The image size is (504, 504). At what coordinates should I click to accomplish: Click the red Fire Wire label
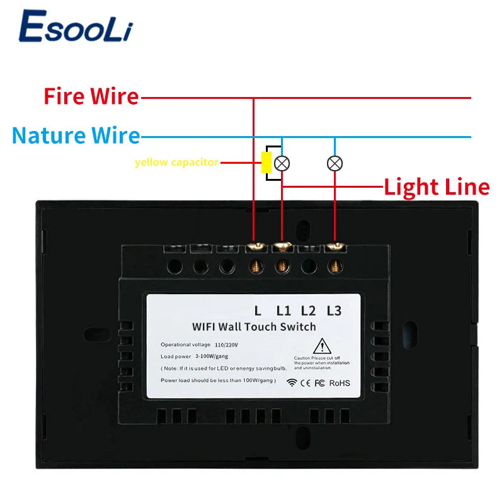click(91, 96)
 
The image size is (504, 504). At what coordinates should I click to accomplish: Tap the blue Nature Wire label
click(76, 135)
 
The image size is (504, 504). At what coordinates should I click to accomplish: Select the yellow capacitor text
click(176, 163)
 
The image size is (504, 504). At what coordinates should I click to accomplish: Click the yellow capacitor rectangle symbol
click(266, 163)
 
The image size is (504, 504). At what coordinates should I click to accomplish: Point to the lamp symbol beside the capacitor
click(283, 163)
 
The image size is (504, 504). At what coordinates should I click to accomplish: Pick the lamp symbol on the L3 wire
click(335, 163)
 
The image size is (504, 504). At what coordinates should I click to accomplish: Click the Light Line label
click(437, 187)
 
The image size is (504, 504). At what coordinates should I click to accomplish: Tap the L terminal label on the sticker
click(257, 310)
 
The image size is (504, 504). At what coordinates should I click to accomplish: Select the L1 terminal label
click(283, 310)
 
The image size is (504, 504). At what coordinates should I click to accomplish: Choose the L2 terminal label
click(308, 310)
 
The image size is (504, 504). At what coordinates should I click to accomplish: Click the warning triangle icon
click(323, 346)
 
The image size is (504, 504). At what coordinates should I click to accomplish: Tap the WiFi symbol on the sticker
click(291, 382)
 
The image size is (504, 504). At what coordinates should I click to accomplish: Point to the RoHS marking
click(339, 382)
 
